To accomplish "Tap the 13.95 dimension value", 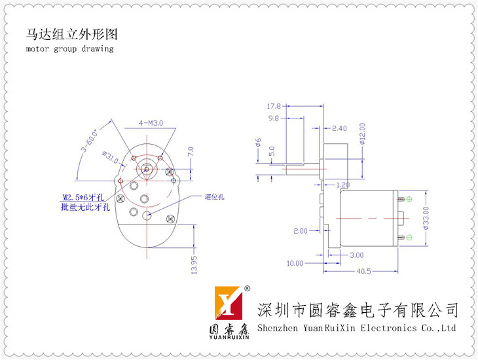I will point(194,265).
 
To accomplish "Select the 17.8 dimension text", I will point(274,106).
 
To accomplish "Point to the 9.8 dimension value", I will point(274,118).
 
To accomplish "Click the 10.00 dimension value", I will point(295,263).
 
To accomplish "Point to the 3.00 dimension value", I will point(356,255).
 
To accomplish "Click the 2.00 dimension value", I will point(300,230).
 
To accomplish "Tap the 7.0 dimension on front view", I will point(191,152).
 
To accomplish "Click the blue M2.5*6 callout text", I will point(87,197).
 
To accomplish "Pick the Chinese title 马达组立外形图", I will point(73,34).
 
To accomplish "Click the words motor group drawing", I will point(69,48).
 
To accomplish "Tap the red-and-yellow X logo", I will point(227,306).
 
